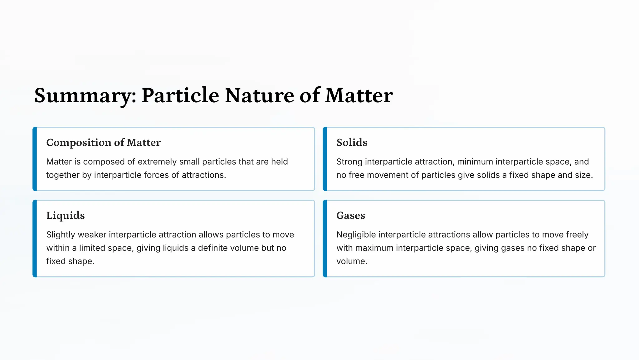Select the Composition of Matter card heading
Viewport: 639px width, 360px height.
103,143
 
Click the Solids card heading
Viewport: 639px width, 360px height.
352,143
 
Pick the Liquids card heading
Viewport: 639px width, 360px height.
66,216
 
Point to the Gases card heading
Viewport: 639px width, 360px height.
351,216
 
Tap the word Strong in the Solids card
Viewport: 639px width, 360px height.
349,162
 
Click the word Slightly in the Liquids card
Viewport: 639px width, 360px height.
61,235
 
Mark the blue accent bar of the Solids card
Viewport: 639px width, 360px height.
325,159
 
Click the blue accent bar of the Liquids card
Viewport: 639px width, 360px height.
35,239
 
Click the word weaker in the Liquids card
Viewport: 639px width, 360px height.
92,235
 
